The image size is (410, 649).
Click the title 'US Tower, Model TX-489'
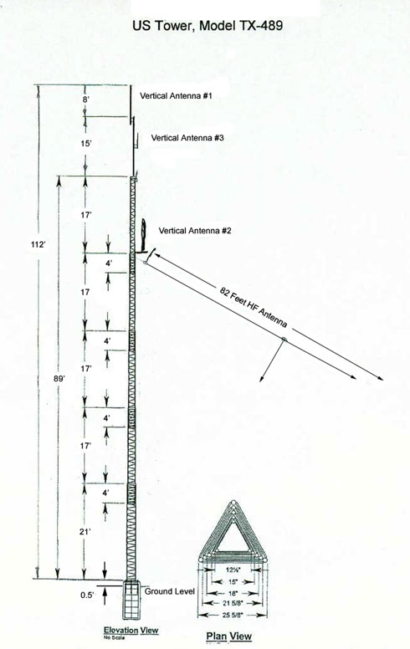pos(208,26)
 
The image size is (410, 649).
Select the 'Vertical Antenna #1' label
pos(176,95)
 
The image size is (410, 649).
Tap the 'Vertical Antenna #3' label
pos(187,137)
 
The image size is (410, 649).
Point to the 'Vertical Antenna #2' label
pos(195,230)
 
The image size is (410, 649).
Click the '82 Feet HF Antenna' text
pos(254,307)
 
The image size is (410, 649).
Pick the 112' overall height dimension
pos(38,244)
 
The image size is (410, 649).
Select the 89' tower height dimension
pos(59,378)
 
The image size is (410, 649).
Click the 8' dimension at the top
pos(85,100)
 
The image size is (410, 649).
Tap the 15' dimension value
pos(85,144)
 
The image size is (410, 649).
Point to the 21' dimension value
pos(85,531)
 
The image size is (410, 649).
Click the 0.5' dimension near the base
pos(86,595)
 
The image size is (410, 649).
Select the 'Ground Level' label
pos(169,591)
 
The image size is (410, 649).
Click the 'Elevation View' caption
pos(131,630)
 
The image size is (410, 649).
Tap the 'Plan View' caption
pos(228,636)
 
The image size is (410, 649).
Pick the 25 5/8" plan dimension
pos(232,615)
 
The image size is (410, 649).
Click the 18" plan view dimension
pos(232,593)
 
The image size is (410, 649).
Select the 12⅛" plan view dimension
pos(232,570)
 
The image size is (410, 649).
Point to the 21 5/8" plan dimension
pos(232,603)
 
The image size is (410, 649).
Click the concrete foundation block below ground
pos(132,600)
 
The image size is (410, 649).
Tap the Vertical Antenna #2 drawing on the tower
pos(143,236)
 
